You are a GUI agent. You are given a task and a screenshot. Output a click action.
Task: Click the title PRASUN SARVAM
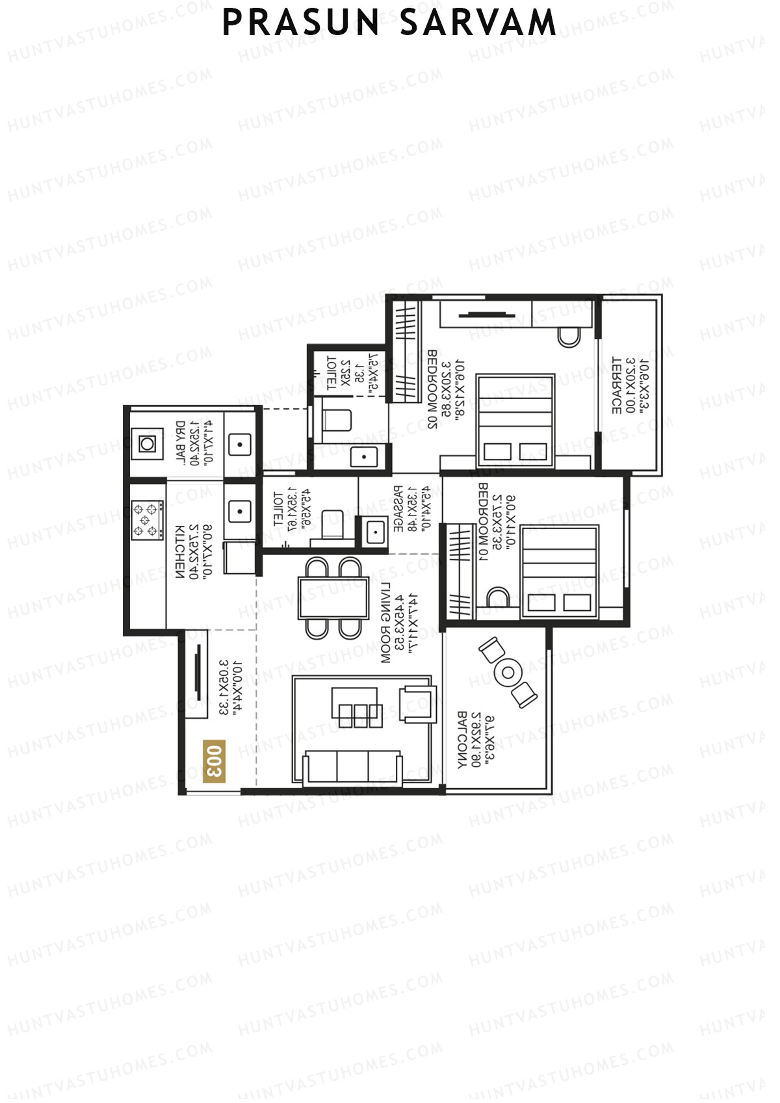pos(389,23)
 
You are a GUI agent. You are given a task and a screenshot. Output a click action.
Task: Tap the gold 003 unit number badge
pos(214,760)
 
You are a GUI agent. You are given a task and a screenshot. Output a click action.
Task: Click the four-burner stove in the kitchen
pos(147,520)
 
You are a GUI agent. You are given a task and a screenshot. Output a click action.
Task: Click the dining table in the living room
pos(333,597)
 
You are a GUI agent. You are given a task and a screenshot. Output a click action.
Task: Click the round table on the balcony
pos(508,673)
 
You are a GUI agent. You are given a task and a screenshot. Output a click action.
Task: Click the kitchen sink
pos(239,511)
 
